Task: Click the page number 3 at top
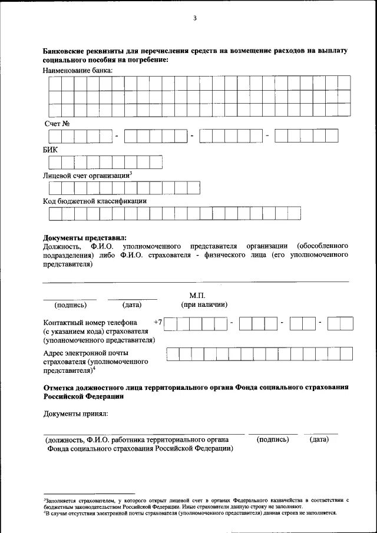(x=194, y=18)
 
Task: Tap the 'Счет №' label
(x=58, y=123)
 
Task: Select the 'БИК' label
(x=51, y=150)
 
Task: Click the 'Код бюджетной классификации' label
(x=95, y=201)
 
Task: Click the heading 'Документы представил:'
(x=85, y=237)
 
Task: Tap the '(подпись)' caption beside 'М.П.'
(x=71, y=305)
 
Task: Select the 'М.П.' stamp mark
(x=198, y=294)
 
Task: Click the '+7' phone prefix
(x=157, y=322)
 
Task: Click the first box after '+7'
(x=171, y=323)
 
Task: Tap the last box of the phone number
(x=346, y=323)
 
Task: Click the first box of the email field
(x=173, y=353)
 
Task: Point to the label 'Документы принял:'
(x=75, y=414)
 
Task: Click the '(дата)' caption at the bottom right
(x=319, y=439)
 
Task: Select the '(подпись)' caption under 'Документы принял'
(x=273, y=439)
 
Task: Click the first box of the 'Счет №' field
(x=54, y=136)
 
